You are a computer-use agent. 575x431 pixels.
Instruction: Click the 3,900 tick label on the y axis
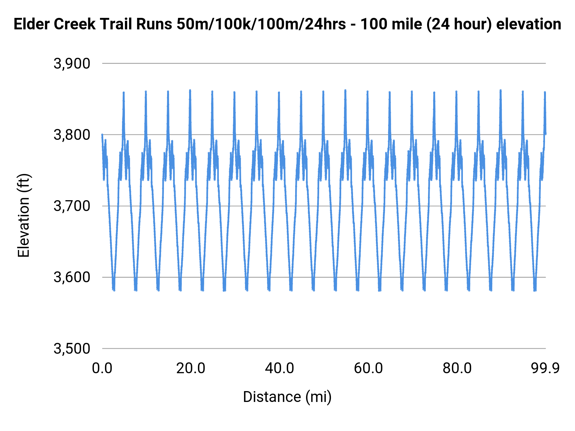coord(72,64)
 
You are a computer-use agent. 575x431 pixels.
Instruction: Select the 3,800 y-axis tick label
coord(72,135)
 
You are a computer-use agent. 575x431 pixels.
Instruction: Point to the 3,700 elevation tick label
coord(72,206)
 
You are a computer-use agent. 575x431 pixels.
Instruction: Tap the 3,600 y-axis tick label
coord(72,277)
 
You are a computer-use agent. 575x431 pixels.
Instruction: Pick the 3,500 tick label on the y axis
coord(72,349)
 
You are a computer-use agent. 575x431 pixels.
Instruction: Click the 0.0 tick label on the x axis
coord(102,368)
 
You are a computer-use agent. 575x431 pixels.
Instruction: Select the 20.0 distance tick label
coord(191,368)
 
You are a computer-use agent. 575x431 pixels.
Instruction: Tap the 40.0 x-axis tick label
coord(280,368)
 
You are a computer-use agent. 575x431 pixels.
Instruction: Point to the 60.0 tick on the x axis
coord(368,368)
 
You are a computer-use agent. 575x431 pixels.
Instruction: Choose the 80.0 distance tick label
coord(457,368)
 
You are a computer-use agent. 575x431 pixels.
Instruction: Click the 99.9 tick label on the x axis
coord(545,368)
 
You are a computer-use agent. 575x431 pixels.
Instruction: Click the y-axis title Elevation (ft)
coord(24,215)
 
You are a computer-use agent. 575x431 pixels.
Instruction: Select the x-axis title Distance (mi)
coord(287,397)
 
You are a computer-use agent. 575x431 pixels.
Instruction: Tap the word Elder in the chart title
coord(31,24)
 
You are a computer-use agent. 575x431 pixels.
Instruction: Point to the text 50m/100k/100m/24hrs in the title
coord(261,24)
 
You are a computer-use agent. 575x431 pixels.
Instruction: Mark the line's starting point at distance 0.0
coord(102,135)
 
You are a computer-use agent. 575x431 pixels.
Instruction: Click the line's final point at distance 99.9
coord(546,134)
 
